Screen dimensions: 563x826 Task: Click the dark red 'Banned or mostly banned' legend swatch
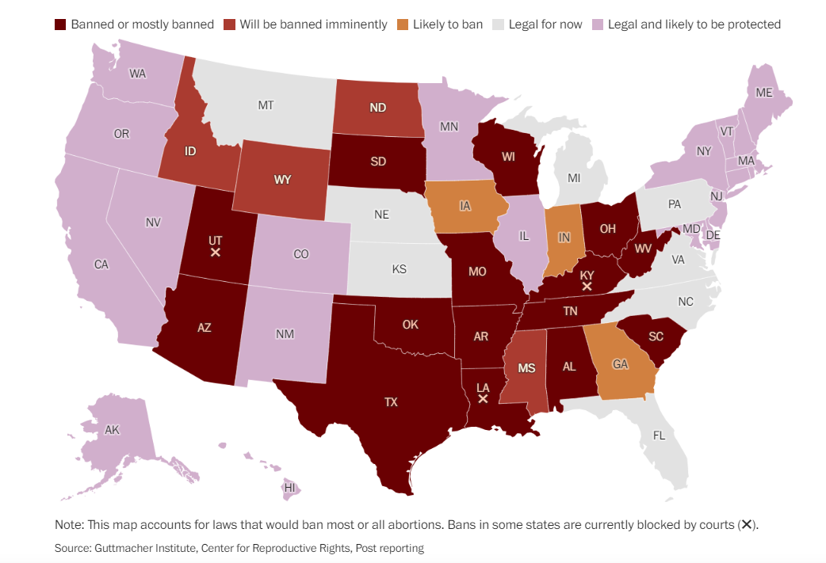click(60, 25)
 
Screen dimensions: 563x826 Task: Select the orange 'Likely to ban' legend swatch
click(400, 25)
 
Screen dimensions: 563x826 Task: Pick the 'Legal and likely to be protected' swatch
click(599, 25)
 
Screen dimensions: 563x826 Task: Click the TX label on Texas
click(391, 402)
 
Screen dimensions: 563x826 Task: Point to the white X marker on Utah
click(215, 253)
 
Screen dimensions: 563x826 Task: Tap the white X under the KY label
click(587, 287)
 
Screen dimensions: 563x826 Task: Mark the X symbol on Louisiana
click(482, 399)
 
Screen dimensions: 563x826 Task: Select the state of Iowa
click(465, 207)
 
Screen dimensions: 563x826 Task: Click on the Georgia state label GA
click(621, 365)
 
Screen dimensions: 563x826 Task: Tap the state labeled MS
click(526, 368)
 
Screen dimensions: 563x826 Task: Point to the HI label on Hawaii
click(290, 487)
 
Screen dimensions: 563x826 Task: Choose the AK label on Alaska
click(112, 430)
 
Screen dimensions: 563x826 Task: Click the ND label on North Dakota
click(377, 108)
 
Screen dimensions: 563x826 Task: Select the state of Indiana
click(564, 238)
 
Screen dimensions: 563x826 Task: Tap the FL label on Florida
click(659, 436)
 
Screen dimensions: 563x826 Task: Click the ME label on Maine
click(763, 93)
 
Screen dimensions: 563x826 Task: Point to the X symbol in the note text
click(745, 525)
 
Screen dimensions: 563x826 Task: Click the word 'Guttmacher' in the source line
click(126, 548)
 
